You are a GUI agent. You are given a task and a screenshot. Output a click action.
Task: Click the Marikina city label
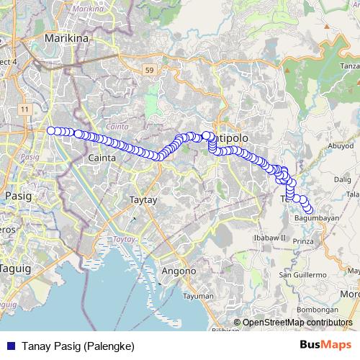[x=66, y=37]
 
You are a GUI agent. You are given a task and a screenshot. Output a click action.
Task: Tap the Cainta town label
[x=101, y=157]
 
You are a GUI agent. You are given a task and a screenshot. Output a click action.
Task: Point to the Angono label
[x=178, y=271]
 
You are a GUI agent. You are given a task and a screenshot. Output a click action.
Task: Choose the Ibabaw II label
[x=270, y=238]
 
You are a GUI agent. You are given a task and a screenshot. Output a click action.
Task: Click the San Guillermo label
[x=303, y=275]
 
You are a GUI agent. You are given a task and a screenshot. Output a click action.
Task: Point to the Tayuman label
[x=199, y=296]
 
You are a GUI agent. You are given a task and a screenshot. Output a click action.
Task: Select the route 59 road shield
[x=149, y=70]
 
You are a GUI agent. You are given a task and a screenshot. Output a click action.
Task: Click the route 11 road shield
[x=25, y=109]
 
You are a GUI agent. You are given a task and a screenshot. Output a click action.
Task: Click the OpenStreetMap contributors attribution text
[x=297, y=323]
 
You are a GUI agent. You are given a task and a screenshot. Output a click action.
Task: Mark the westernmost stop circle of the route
[x=51, y=130]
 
